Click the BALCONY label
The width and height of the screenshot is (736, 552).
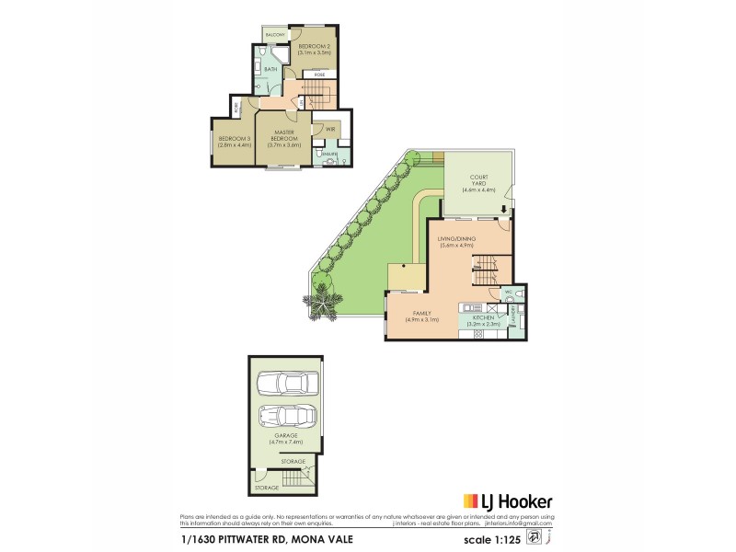275,35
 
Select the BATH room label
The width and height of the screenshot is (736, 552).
270,69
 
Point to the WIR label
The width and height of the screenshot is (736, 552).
329,130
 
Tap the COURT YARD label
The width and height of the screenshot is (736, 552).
478,180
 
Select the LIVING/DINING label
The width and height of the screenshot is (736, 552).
456,238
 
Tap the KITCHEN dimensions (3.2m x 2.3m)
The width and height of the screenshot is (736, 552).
484,324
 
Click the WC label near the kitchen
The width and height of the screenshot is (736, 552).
508,292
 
